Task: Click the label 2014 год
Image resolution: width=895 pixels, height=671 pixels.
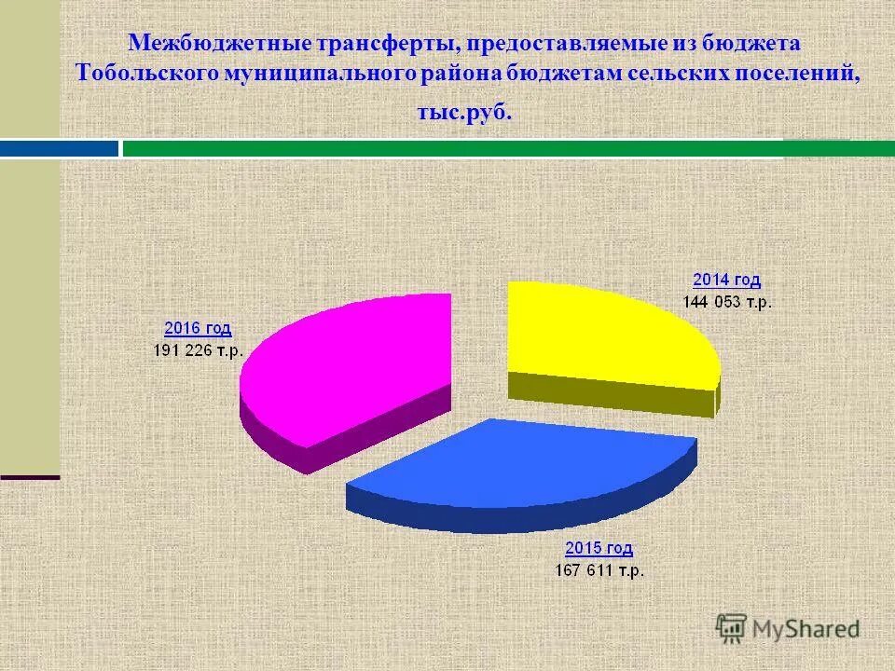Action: [726, 280]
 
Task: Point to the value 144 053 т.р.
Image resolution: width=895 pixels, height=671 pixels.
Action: [726, 301]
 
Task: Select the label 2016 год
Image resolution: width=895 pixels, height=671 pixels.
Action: [198, 328]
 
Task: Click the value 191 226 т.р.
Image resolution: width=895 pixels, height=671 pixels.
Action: [199, 350]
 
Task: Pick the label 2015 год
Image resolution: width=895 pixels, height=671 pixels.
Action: [599, 548]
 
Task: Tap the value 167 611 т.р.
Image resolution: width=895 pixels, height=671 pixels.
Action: [599, 570]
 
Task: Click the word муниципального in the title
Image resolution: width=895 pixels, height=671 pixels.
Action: [324, 74]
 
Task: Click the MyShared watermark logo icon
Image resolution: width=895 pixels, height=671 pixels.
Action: [732, 628]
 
